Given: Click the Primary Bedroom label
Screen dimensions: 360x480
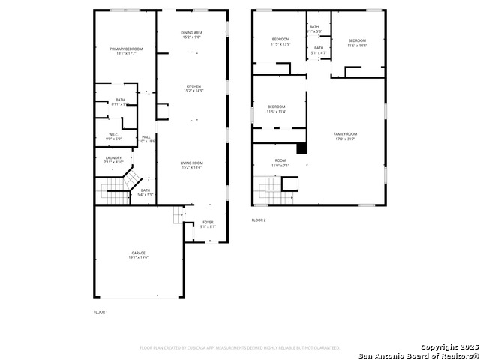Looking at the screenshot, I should pos(126,51).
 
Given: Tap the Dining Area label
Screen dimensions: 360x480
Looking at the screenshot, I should pos(192,34).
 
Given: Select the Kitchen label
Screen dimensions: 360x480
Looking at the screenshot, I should pos(193,88).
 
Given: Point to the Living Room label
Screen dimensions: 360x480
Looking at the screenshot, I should pos(192,165).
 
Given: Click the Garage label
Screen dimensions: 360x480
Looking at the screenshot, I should pos(139,255).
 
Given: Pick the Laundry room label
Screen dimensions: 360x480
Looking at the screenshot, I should pos(113,160).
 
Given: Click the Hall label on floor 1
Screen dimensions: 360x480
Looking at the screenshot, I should pos(145,139).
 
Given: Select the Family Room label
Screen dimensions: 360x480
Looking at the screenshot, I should pos(345,136).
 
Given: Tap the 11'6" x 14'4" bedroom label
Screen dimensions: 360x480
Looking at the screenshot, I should pos(357,43).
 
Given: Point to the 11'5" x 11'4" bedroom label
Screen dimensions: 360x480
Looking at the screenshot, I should pos(277,109).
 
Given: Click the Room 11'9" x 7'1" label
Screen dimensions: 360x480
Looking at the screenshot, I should pos(280,163).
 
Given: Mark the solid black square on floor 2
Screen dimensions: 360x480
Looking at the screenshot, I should pos(301,148).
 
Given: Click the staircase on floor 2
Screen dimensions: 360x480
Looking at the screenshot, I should pos(268,190).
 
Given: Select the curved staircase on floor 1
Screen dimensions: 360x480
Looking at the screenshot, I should pos(120,184).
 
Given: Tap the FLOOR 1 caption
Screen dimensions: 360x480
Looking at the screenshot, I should pos(100,311).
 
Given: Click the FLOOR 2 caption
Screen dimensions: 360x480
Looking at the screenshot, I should pos(259,220).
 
